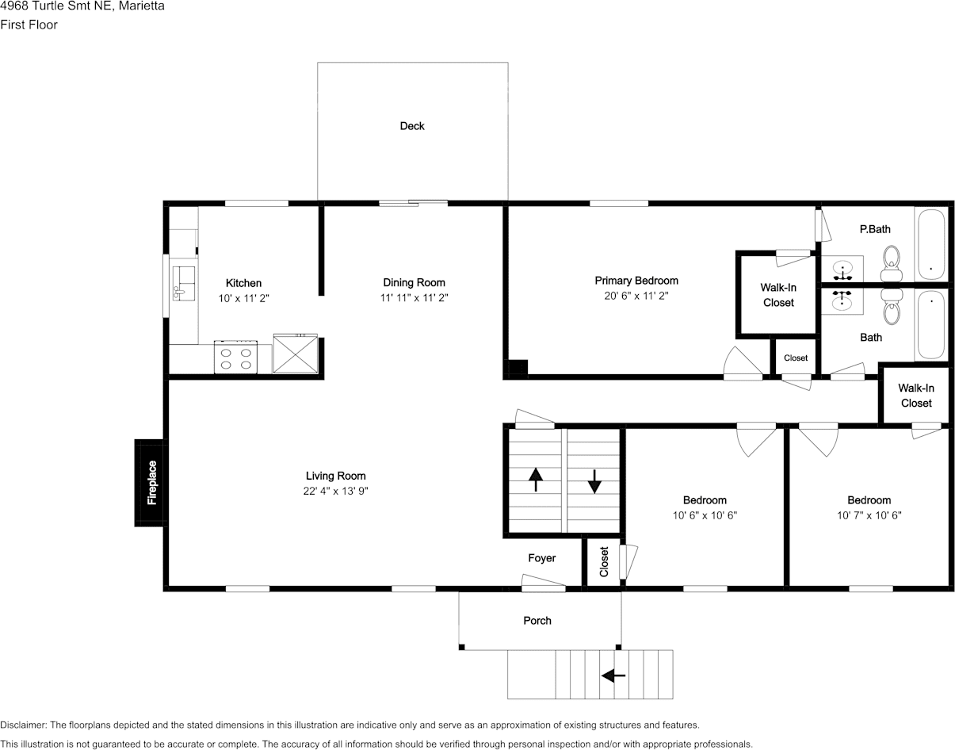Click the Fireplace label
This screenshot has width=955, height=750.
pyautogui.click(x=151, y=482)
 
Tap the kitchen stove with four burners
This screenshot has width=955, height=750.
pyautogui.click(x=235, y=357)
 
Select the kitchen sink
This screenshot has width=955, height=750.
pyautogui.click(x=184, y=284)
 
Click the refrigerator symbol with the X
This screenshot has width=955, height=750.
pyautogui.click(x=296, y=354)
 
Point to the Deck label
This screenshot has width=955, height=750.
pyautogui.click(x=412, y=126)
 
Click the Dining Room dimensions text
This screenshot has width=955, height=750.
pyautogui.click(x=414, y=297)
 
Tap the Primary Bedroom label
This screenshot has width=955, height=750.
pyautogui.click(x=636, y=281)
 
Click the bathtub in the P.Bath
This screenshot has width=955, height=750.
pyautogui.click(x=931, y=244)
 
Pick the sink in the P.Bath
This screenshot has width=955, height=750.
pyautogui.click(x=842, y=269)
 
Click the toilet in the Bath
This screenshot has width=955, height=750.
pyautogui.click(x=892, y=307)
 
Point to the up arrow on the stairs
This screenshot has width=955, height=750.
pyautogui.click(x=535, y=480)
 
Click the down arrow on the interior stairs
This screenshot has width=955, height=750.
pyautogui.click(x=594, y=482)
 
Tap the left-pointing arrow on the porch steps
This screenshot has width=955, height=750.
pyautogui.click(x=613, y=675)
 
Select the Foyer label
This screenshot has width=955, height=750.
pyautogui.click(x=542, y=558)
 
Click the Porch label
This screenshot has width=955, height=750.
pyautogui.click(x=537, y=620)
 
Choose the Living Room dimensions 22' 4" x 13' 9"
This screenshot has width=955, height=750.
pyautogui.click(x=336, y=491)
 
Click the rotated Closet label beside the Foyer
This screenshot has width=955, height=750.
pyautogui.click(x=604, y=561)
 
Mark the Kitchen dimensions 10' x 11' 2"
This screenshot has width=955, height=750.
pyautogui.click(x=244, y=299)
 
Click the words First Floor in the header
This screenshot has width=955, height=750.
pyautogui.click(x=29, y=25)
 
